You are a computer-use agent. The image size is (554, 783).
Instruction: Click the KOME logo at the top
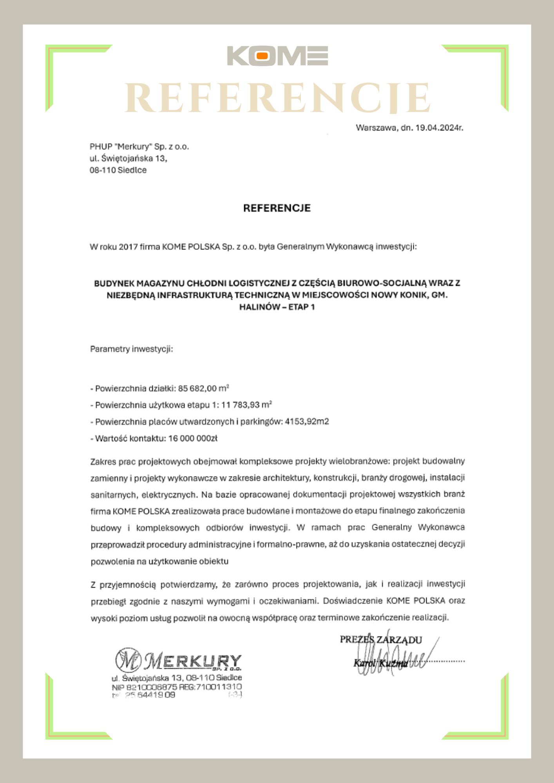[x=277, y=56]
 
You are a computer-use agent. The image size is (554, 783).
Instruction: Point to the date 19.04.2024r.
[x=439, y=128]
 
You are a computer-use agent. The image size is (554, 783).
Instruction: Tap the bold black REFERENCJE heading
[x=277, y=208]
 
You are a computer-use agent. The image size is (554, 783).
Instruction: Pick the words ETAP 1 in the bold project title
[x=301, y=307]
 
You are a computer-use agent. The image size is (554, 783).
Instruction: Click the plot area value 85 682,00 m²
[x=203, y=388]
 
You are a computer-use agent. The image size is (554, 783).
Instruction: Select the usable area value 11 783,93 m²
[x=246, y=405]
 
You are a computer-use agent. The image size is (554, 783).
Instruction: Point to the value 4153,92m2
[x=307, y=422]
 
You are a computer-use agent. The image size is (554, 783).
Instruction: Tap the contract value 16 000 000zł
[x=193, y=438]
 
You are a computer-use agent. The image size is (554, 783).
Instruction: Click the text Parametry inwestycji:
[x=131, y=349]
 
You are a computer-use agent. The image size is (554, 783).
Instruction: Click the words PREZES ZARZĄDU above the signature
[x=380, y=640]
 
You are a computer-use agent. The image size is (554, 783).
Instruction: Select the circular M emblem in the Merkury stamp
[x=128, y=660]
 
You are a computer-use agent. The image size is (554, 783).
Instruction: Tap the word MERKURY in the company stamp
[x=192, y=661]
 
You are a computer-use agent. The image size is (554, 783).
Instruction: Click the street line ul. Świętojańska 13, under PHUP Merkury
[x=128, y=159]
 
